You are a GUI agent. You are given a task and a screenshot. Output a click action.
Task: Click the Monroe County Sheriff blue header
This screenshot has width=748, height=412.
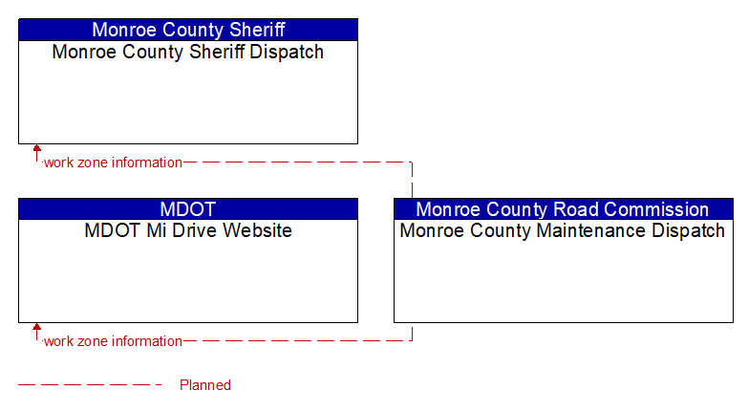click(188, 30)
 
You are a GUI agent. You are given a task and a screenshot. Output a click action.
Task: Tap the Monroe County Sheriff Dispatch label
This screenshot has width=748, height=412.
click(188, 52)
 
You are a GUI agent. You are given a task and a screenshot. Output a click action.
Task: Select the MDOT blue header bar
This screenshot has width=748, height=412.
click(188, 209)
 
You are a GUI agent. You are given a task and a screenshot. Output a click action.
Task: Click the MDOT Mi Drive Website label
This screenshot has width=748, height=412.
click(188, 230)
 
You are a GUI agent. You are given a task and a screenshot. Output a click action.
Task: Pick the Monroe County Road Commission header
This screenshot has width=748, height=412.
click(564, 209)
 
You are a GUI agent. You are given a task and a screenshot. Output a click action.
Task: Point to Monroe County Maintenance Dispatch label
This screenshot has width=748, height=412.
click(563, 231)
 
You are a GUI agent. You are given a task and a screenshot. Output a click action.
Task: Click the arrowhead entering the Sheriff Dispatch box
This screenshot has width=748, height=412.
click(36, 148)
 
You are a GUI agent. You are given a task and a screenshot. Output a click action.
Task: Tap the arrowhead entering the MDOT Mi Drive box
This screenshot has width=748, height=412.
click(36, 327)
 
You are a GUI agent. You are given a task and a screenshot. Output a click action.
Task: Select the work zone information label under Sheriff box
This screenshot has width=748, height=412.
click(113, 163)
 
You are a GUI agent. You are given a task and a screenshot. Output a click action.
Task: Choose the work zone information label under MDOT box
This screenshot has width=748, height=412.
click(113, 341)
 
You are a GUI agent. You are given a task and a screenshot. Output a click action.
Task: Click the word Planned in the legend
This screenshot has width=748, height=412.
click(205, 385)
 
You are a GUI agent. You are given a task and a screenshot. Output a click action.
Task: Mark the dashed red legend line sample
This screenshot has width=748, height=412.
click(90, 384)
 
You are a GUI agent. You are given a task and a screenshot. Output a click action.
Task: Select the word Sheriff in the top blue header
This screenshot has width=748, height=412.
click(257, 30)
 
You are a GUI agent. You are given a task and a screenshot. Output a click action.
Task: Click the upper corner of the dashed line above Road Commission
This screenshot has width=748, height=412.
click(412, 163)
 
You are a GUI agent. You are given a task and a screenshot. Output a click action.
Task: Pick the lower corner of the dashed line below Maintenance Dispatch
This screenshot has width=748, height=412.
click(412, 340)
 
